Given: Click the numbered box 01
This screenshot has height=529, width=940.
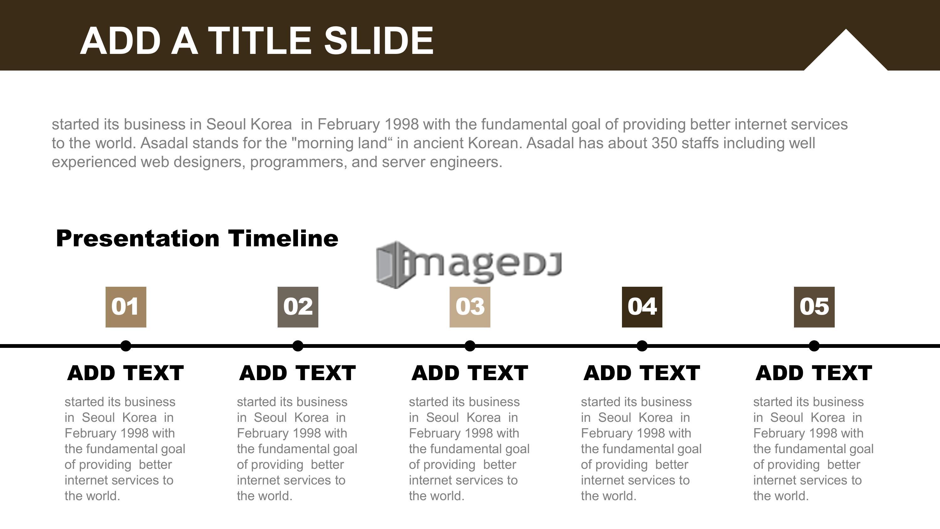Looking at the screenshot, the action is [126, 307].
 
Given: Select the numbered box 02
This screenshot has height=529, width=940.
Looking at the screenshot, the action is [298, 307].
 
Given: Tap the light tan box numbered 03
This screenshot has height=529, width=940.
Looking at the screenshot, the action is [470, 307].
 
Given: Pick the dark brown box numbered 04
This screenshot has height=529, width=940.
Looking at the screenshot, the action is [642, 307].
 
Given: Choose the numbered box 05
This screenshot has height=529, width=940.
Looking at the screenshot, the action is [814, 307].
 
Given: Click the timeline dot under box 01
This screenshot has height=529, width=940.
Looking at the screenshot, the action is [126, 346].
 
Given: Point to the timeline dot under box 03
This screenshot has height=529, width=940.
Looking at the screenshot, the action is [470, 346].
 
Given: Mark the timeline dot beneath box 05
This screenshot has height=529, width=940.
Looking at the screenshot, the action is [814, 346].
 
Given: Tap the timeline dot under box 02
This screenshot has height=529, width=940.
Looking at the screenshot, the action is [298, 346].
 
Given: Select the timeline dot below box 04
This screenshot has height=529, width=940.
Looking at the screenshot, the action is [642, 346].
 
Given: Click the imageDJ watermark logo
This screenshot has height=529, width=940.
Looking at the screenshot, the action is [469, 265].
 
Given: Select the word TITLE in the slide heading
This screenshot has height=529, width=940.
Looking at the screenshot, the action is [260, 40].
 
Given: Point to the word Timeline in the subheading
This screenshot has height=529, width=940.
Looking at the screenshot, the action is [283, 238].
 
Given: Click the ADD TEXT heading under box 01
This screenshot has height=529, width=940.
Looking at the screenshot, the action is [126, 373].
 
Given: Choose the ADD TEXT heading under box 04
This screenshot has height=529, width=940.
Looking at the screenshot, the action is [642, 373].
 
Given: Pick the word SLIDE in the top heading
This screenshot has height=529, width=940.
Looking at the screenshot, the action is [379, 40].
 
